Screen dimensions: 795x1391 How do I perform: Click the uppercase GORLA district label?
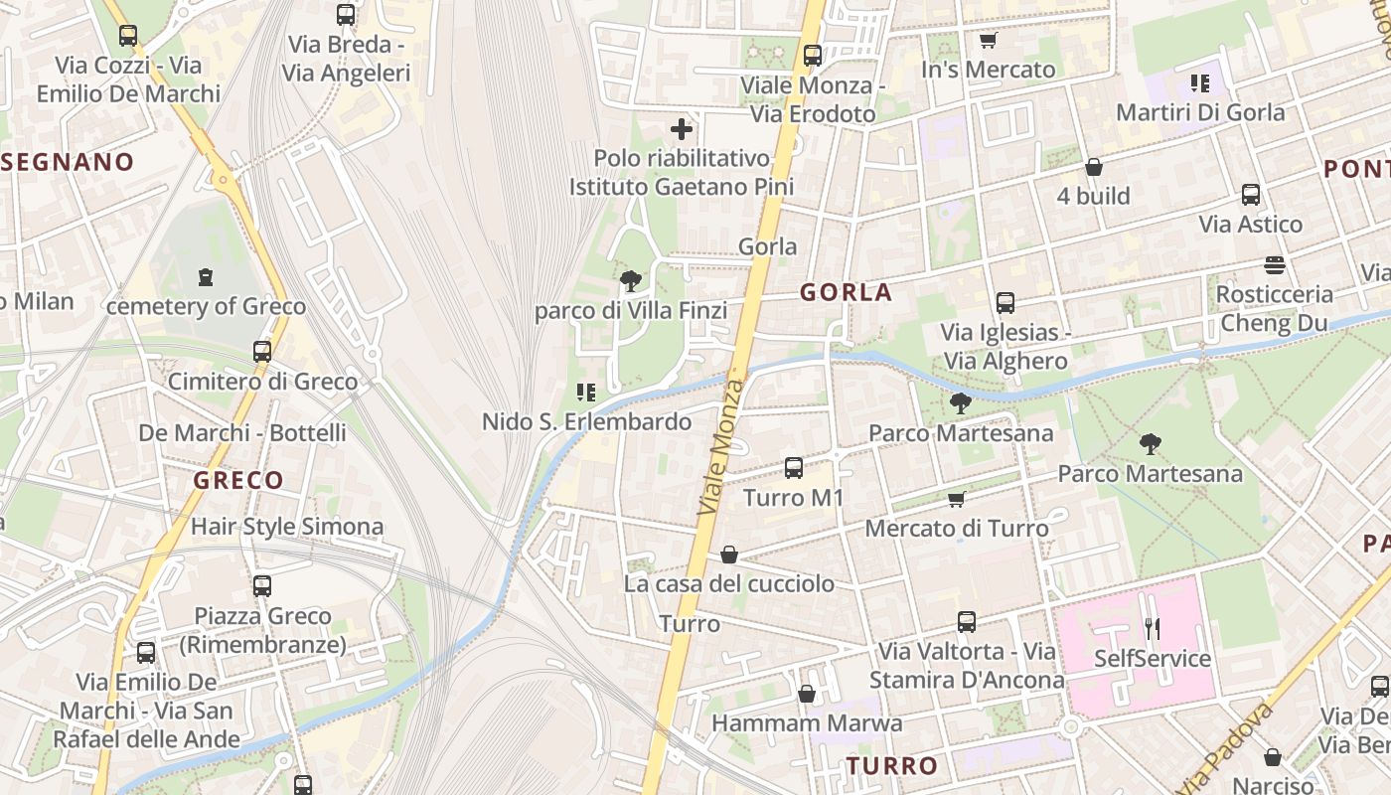click(846, 292)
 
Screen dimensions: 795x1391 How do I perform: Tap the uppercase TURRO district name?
click(892, 765)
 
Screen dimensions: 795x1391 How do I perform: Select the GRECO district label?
click(238, 480)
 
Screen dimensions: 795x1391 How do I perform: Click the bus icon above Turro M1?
click(793, 467)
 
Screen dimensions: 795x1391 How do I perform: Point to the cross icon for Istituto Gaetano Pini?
click(682, 128)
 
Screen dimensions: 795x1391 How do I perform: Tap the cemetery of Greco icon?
click(206, 276)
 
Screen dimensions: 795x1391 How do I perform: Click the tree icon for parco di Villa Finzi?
click(630, 281)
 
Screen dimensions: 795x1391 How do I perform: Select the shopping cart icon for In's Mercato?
click(988, 41)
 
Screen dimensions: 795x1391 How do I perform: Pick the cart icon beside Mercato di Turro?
click(956, 499)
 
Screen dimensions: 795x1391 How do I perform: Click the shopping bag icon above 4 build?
click(1094, 167)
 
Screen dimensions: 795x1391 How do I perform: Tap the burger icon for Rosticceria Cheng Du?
click(1275, 265)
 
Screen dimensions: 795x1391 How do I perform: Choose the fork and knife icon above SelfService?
click(1153, 628)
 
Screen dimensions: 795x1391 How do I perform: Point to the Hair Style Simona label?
click(287, 526)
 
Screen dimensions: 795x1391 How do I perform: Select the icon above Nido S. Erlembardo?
click(586, 393)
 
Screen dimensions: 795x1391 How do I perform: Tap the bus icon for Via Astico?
click(1251, 195)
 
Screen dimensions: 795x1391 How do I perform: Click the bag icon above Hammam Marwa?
click(807, 694)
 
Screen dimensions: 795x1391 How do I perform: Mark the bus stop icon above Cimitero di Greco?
click(262, 352)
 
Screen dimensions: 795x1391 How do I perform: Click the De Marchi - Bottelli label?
click(242, 432)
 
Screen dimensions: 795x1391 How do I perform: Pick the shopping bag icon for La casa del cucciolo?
click(729, 554)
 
